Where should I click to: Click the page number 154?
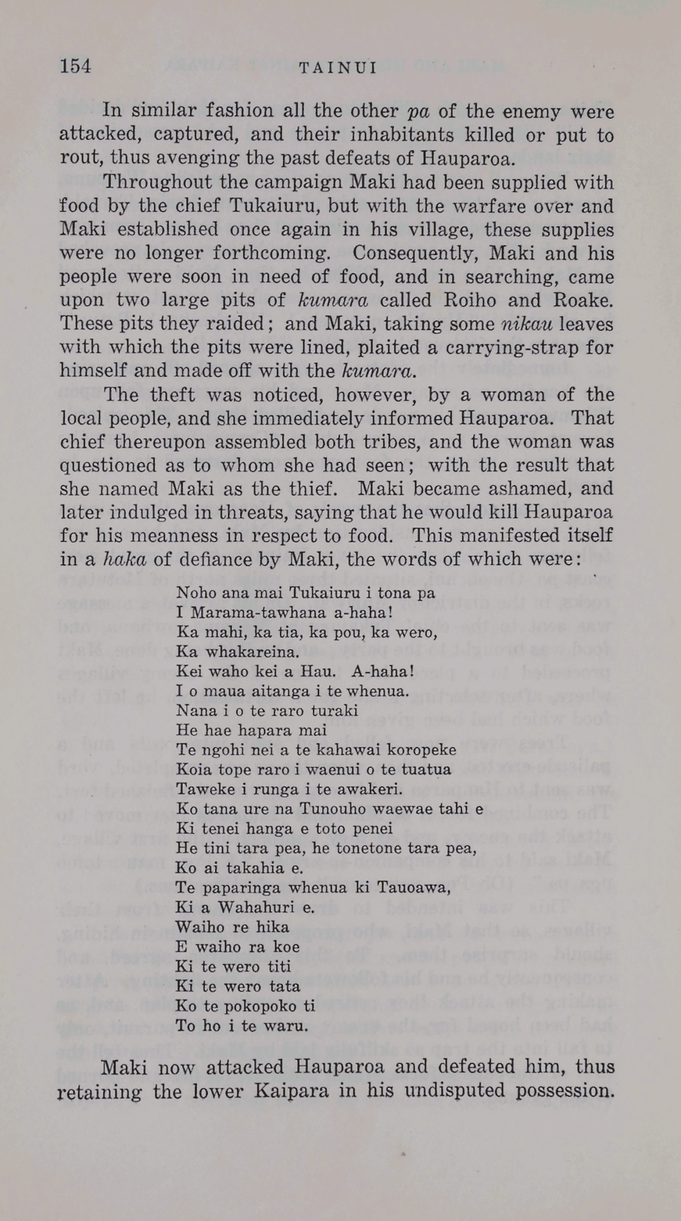[75, 66]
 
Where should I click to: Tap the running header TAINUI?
[338, 68]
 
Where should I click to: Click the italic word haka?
[125, 559]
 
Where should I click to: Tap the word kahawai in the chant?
[356, 750]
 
